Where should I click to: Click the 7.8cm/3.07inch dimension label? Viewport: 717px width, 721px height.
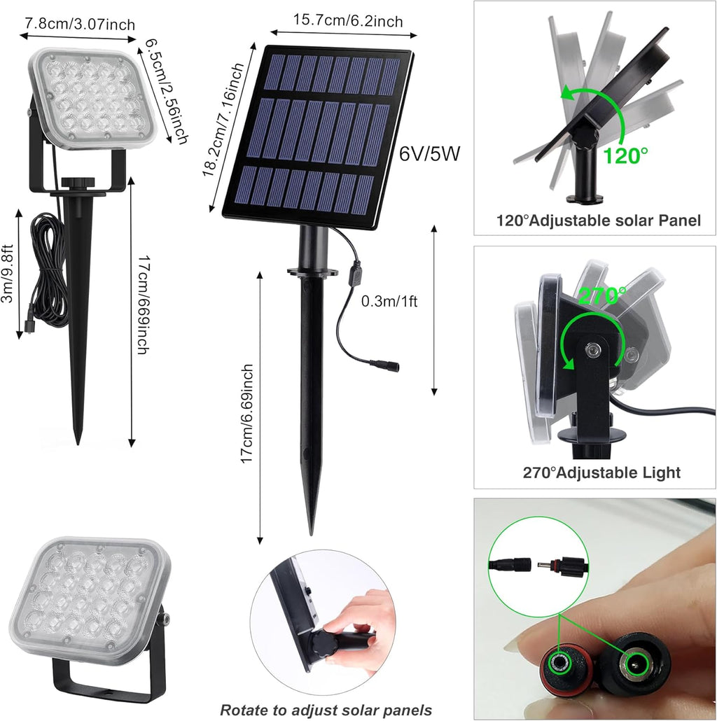click(80, 24)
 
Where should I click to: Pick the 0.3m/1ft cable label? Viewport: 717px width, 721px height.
click(389, 302)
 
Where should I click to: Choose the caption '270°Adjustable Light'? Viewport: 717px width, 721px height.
click(601, 472)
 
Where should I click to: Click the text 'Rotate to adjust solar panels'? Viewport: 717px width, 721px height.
click(326, 710)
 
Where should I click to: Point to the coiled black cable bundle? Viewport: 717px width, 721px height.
click(49, 269)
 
